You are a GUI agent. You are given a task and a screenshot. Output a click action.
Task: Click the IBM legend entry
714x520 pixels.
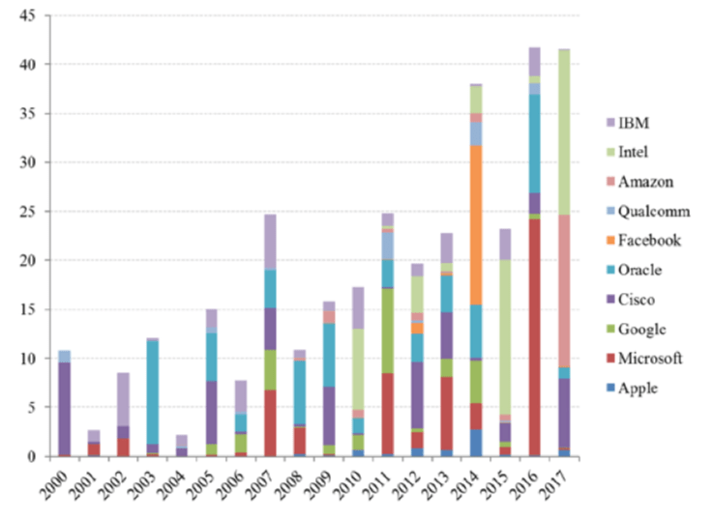(x=634, y=122)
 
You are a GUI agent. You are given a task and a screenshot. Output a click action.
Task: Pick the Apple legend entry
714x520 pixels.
(x=638, y=388)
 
